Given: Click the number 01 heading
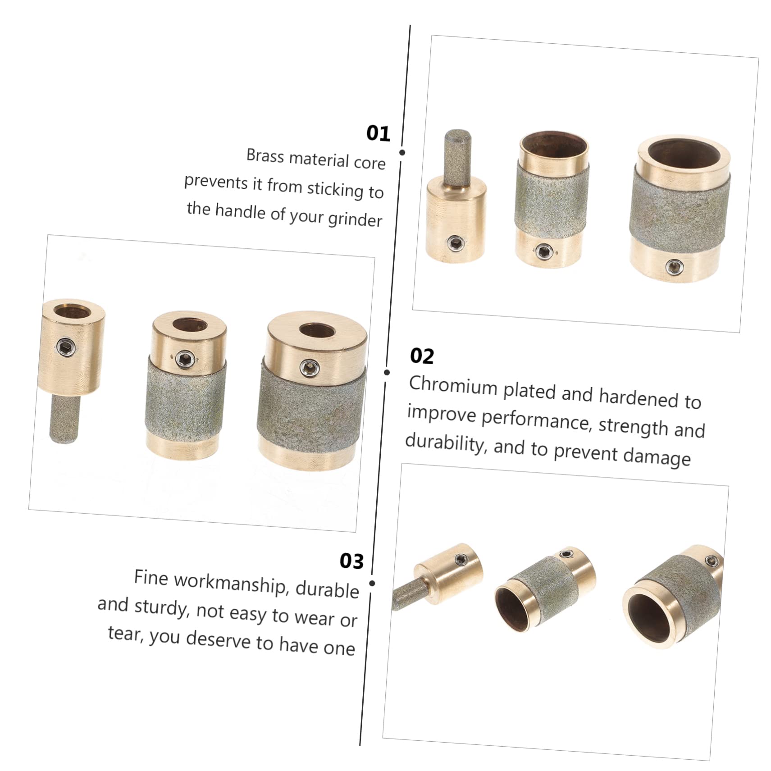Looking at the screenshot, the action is (x=378, y=134).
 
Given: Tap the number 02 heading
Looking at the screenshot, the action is (x=422, y=356).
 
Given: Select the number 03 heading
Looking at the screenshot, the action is (x=351, y=561).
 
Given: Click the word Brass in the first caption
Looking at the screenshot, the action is (x=265, y=156).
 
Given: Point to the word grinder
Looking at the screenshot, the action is (x=355, y=219).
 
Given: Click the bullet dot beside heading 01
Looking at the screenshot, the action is (x=402, y=152).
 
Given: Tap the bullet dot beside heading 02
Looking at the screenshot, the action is (x=387, y=372).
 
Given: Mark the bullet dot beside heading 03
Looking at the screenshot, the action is (x=372, y=583).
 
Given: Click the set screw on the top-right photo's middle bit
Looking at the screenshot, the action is (x=543, y=251).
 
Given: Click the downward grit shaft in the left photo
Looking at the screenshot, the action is (x=64, y=420).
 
